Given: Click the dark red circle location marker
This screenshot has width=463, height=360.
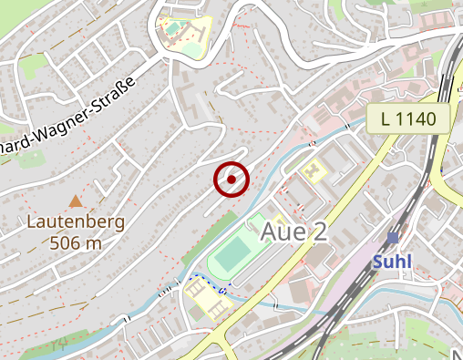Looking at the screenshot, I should click(x=231, y=180).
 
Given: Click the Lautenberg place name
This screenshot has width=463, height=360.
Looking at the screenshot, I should click(x=76, y=221).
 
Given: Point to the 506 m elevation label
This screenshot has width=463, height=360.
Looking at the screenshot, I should click(x=77, y=242).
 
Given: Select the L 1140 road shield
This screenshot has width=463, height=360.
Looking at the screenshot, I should click(x=415, y=117).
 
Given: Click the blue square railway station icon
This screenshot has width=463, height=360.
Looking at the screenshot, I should click(x=393, y=237).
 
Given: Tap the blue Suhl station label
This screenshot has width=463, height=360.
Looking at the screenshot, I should click(x=393, y=262).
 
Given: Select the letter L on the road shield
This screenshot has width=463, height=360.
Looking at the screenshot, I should click(x=387, y=117).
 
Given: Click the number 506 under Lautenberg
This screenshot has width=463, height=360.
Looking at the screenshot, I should click(x=67, y=242).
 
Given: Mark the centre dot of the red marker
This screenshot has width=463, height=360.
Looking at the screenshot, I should click(x=231, y=180).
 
